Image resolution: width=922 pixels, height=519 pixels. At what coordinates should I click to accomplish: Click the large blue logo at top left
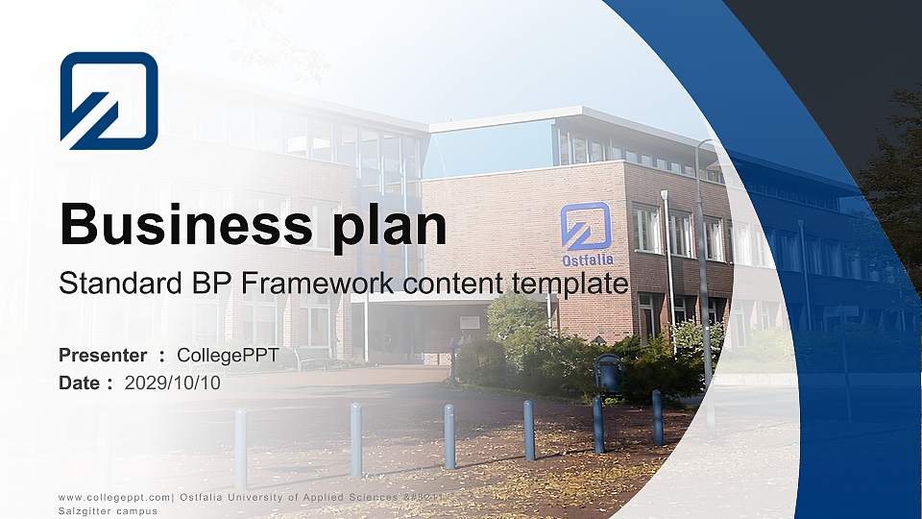click(x=109, y=100)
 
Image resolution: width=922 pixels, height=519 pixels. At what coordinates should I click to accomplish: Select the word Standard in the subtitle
click(x=108, y=284)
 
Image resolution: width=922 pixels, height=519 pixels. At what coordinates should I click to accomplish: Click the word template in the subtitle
click(x=572, y=284)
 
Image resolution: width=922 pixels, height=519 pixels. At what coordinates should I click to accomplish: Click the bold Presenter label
click(x=103, y=356)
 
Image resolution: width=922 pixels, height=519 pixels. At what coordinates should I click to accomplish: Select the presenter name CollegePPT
click(x=228, y=356)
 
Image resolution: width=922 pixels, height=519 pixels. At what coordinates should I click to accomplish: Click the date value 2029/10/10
click(x=172, y=383)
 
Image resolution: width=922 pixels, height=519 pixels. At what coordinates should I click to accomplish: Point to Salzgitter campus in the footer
click(x=108, y=511)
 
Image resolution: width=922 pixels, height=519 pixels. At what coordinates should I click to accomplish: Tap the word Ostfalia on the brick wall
click(x=587, y=259)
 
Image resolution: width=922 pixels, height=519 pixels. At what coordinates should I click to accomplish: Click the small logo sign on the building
click(x=586, y=227)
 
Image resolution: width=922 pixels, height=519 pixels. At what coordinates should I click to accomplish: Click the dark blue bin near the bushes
click(x=608, y=373)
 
